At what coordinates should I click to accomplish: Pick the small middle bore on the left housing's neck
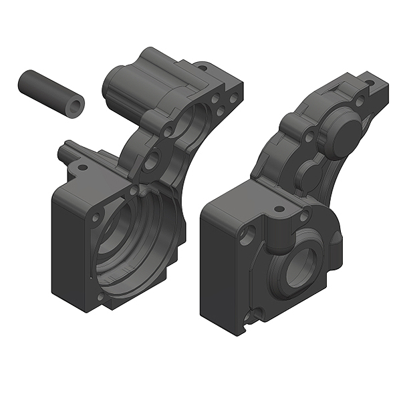pyautogui.click(x=153, y=159)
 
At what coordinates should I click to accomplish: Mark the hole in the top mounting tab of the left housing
pyautogui.click(x=201, y=67)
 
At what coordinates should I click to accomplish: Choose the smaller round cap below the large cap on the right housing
pyautogui.click(x=309, y=175)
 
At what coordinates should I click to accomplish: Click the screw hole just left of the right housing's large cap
pyautogui.click(x=309, y=138)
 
